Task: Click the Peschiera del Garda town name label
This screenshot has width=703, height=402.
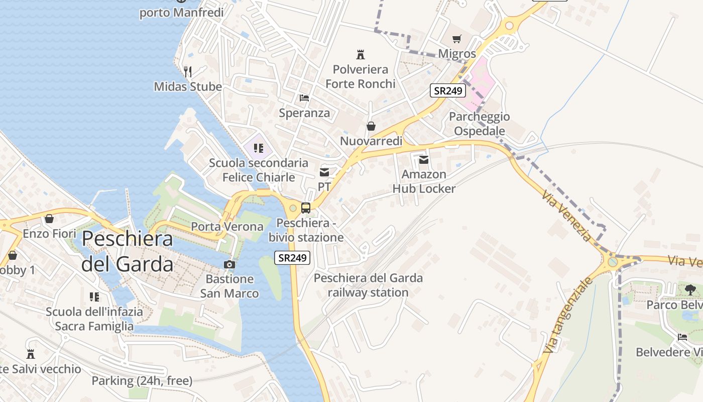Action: (128, 251)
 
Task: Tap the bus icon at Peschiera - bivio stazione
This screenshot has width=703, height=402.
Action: (306, 208)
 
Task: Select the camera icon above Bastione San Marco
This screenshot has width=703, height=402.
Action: (229, 264)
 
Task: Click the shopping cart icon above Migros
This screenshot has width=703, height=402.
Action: (457, 39)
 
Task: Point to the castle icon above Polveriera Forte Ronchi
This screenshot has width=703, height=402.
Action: (360, 54)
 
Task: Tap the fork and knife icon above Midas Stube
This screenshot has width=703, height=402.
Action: (188, 71)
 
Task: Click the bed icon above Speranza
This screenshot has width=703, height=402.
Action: (304, 98)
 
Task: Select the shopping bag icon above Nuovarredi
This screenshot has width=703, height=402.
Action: (371, 126)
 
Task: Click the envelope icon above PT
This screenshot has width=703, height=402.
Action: (324, 172)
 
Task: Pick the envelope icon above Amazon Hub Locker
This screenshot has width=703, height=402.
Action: (424, 160)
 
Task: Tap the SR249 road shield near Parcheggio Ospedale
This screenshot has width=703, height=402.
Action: (448, 91)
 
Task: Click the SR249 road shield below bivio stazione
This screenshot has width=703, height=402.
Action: (293, 258)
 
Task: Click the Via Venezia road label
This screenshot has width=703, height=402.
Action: (567, 215)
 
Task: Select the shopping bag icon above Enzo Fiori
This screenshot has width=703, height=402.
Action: (49, 219)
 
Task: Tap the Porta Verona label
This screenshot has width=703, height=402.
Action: (227, 227)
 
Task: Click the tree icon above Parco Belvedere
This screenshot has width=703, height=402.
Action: (690, 289)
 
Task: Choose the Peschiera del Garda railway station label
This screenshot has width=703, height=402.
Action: (368, 285)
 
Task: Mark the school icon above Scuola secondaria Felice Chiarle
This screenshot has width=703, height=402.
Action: (259, 148)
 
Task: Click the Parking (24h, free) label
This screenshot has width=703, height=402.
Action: (142, 381)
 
